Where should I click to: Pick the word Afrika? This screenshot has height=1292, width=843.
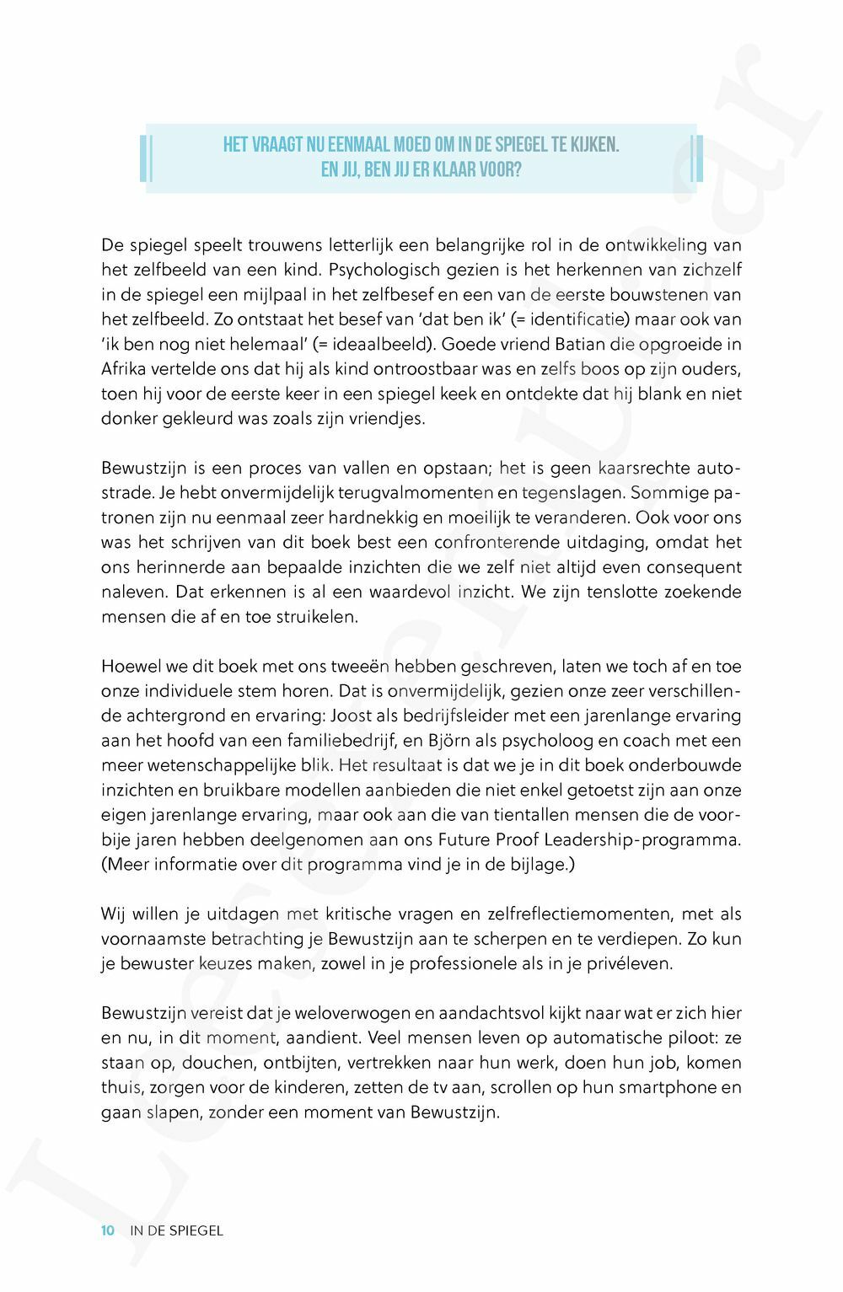coord(123,369)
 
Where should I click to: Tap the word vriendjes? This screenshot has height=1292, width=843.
coord(387,418)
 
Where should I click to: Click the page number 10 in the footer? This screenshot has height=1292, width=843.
coord(107,1230)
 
